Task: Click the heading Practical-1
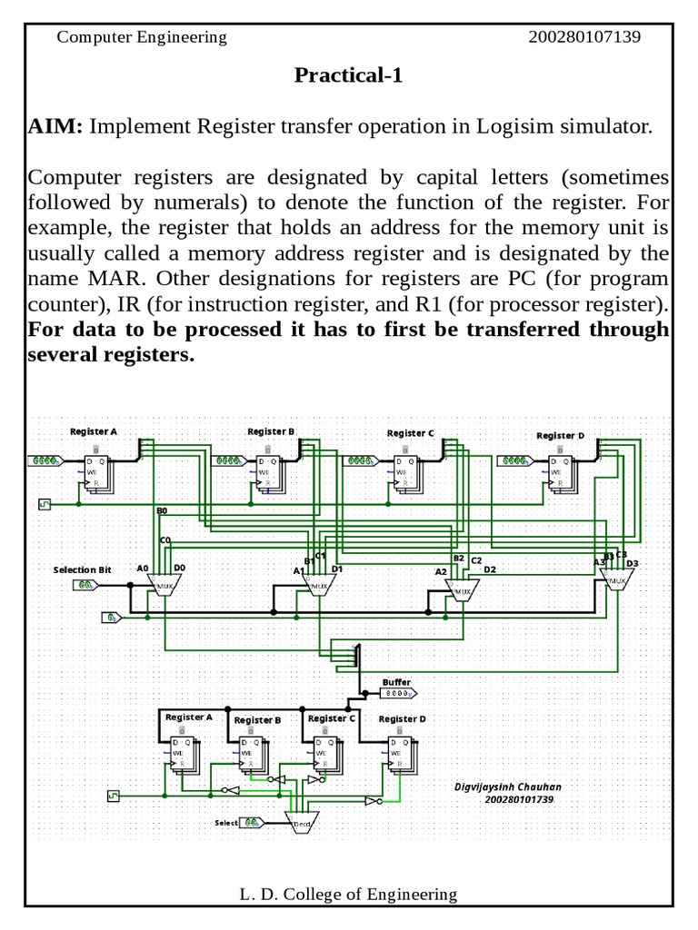[x=348, y=75]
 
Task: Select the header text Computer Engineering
[x=142, y=37]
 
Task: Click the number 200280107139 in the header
[x=584, y=37]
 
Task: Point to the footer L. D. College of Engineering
[x=348, y=895]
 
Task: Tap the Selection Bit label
[x=82, y=569]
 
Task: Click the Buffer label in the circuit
[x=396, y=682]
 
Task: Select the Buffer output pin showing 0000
[x=396, y=694]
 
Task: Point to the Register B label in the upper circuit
[x=271, y=431]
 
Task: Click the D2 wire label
[x=490, y=569]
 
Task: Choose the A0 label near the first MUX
[x=143, y=569]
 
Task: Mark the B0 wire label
[x=162, y=511]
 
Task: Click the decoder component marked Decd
[x=301, y=823]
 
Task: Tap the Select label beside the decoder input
[x=226, y=823]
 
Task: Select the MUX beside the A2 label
[x=463, y=592]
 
